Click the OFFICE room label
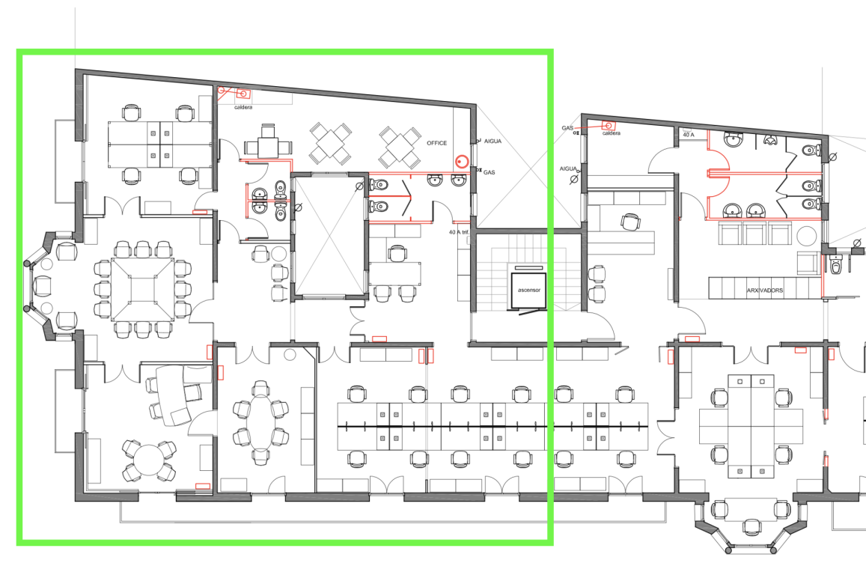436,143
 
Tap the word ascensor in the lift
528,290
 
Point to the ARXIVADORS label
764,290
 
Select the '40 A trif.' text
459,232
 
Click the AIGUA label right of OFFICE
493,142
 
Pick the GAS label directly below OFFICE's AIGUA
489,172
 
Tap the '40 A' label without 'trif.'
688,135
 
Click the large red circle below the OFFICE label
462,162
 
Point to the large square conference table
142,289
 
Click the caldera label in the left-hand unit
243,107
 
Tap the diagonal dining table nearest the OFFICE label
400,147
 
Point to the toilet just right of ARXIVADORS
837,266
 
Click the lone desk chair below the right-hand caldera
630,222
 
